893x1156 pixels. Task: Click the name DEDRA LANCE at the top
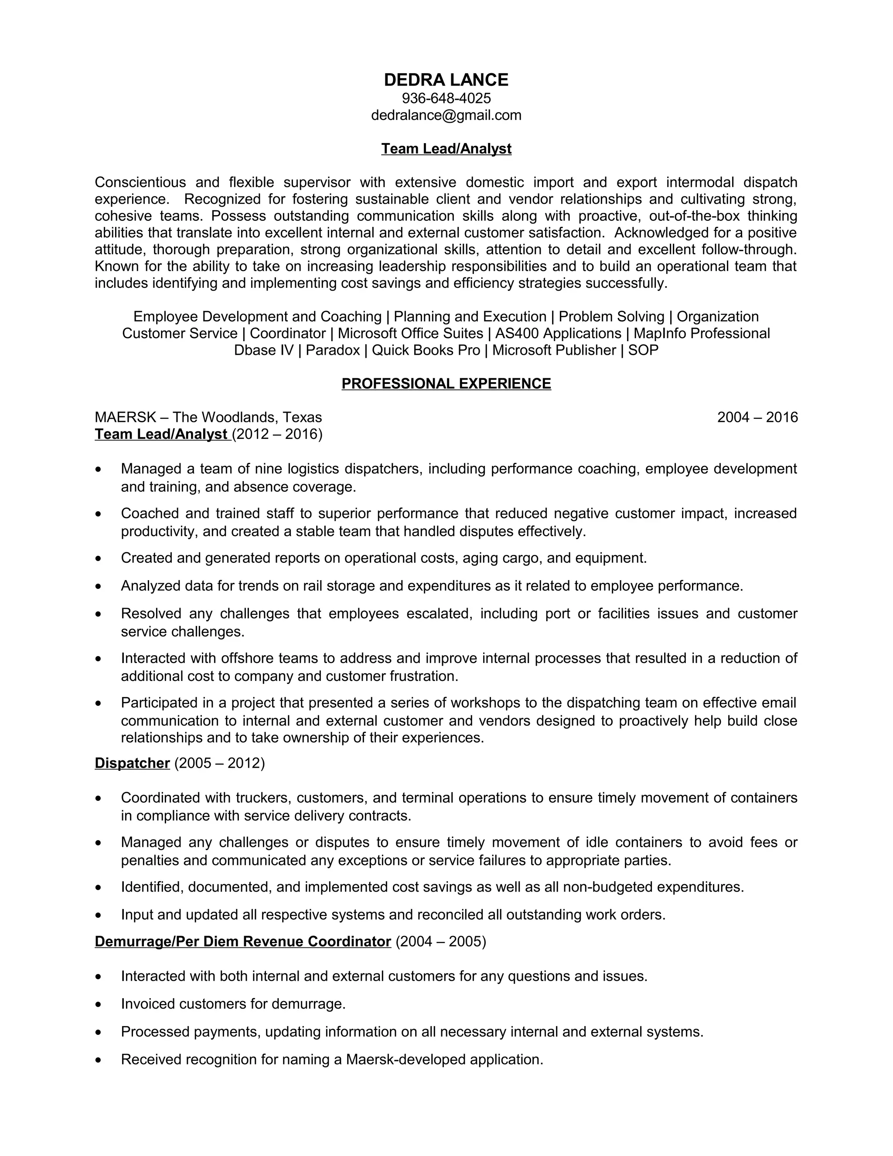coord(446,80)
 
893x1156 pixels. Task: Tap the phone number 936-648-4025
coord(446,99)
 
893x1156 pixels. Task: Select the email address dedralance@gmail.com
coord(446,116)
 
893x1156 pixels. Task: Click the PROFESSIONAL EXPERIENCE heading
coord(446,384)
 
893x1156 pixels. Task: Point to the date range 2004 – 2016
coord(757,417)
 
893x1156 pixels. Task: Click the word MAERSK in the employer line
coord(126,417)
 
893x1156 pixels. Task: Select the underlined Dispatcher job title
coord(132,763)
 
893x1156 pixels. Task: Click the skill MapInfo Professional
coord(702,333)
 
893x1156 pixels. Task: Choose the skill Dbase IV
coord(263,350)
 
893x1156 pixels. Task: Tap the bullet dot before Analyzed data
coord(99,586)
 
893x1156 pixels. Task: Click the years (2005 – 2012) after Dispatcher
coord(219,763)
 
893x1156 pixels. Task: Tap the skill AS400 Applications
coord(558,333)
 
